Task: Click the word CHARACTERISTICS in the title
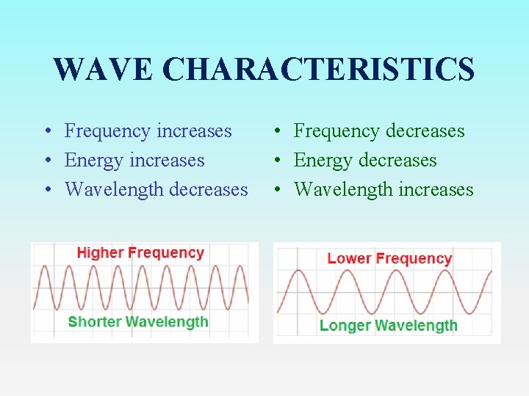point(318,70)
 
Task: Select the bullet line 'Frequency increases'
point(148,131)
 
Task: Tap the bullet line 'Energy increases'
point(134,161)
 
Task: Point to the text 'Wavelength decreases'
point(156,190)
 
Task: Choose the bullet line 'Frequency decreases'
point(379,131)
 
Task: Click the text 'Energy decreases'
point(365,161)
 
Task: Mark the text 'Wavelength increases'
point(384,190)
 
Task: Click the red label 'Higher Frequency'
point(140,253)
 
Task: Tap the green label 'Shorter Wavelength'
point(138,321)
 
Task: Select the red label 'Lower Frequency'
point(389,258)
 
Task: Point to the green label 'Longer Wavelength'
point(388,326)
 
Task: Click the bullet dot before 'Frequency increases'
point(46,132)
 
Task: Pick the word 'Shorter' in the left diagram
point(95,321)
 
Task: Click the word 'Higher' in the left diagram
point(101,253)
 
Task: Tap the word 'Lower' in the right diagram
point(350,258)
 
